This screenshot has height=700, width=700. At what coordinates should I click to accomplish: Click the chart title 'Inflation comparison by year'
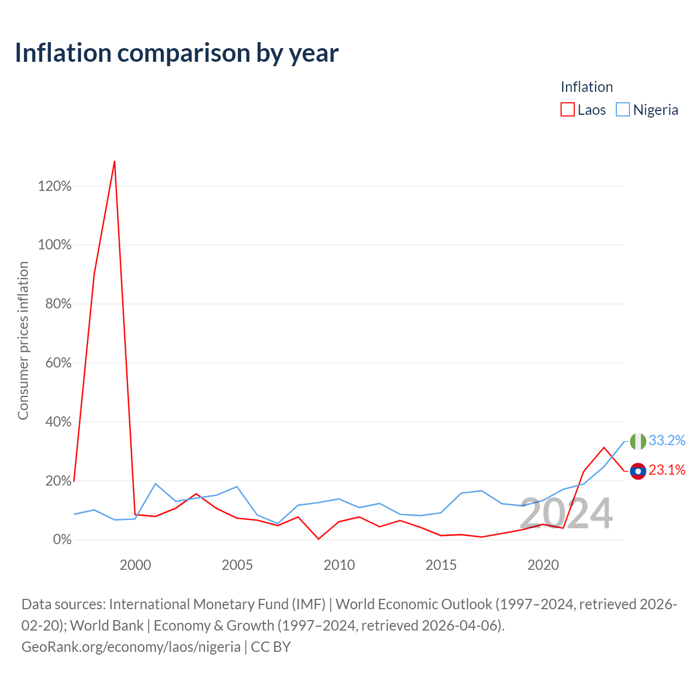[x=177, y=54]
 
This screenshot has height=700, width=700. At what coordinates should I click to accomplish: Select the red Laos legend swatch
[x=567, y=110]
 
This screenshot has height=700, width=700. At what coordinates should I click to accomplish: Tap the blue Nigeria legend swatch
[x=623, y=110]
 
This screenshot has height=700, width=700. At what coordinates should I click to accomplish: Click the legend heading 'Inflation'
[x=587, y=87]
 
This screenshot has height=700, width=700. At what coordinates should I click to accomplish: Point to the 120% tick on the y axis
[x=55, y=186]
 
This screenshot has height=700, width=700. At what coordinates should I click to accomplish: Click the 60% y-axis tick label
[x=58, y=363]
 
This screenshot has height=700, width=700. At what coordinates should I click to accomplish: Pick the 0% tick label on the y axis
[x=62, y=539]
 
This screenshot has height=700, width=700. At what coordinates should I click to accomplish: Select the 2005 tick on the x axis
[x=237, y=565]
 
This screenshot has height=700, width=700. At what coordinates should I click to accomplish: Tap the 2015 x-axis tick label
[x=441, y=565]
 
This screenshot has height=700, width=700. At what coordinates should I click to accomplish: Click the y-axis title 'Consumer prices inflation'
[x=23, y=341]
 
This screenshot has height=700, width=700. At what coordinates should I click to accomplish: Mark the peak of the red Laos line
[x=114, y=161]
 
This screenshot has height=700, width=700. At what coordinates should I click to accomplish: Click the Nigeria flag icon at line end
[x=638, y=441]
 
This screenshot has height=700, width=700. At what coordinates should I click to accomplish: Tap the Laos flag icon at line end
[x=638, y=471]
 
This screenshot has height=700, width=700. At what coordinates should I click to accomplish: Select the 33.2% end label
[x=667, y=440]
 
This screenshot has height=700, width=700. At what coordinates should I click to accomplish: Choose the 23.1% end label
[x=667, y=470]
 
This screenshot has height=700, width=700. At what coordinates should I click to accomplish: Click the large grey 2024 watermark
[x=566, y=514]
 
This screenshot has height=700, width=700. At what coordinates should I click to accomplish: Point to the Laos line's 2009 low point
[x=319, y=539]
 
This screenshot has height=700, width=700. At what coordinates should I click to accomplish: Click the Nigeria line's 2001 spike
[x=155, y=483]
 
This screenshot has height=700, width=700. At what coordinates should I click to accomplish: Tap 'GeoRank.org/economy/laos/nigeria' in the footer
[x=131, y=647]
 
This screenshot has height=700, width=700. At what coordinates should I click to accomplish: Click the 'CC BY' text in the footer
[x=271, y=647]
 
